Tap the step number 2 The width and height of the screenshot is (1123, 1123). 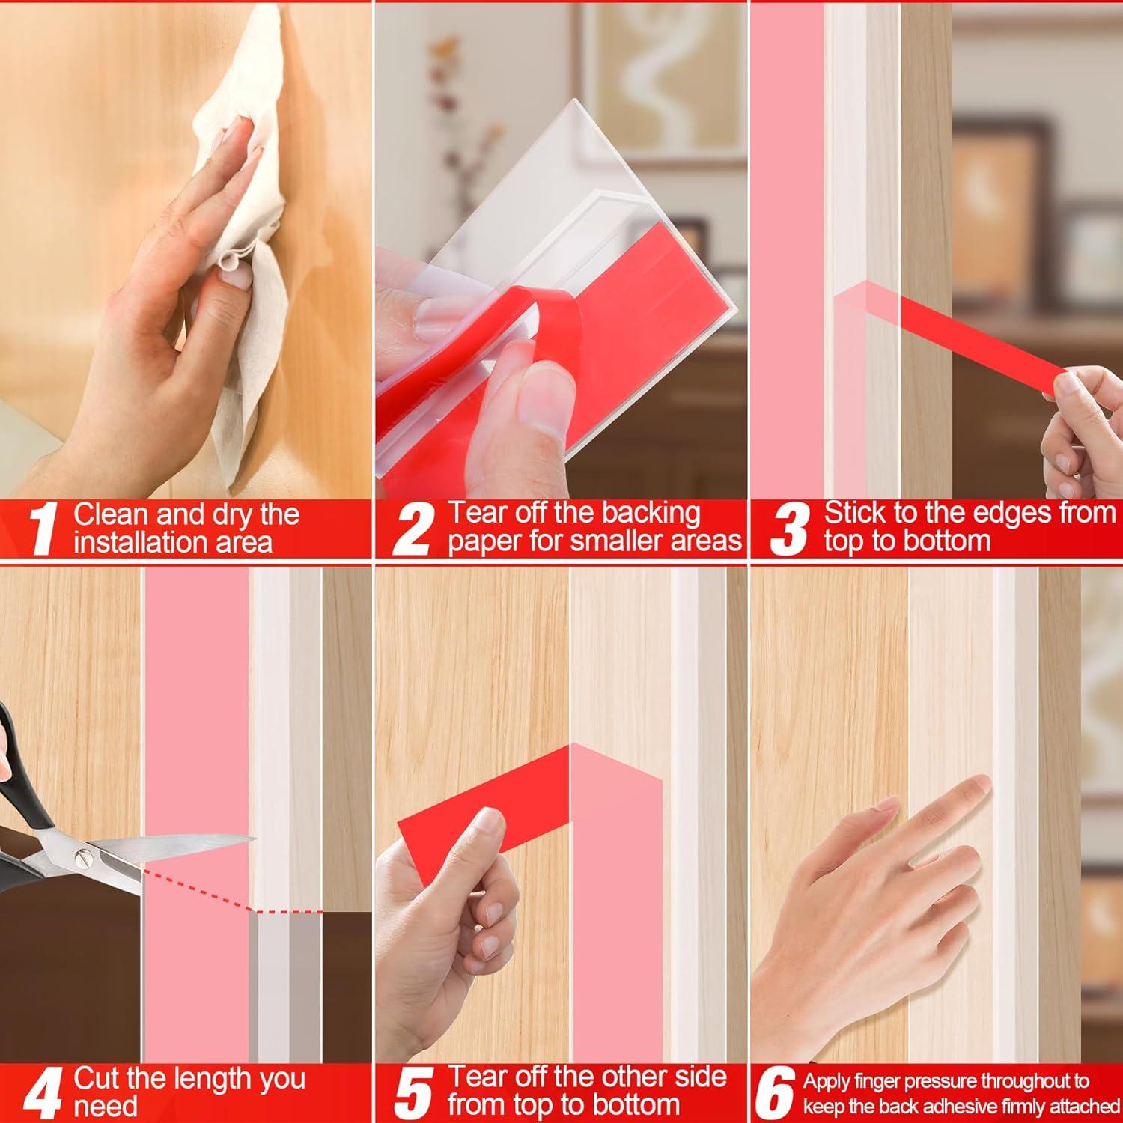[413, 529]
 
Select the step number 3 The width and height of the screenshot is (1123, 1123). [790, 529]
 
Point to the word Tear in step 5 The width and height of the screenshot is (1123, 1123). [477, 1077]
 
